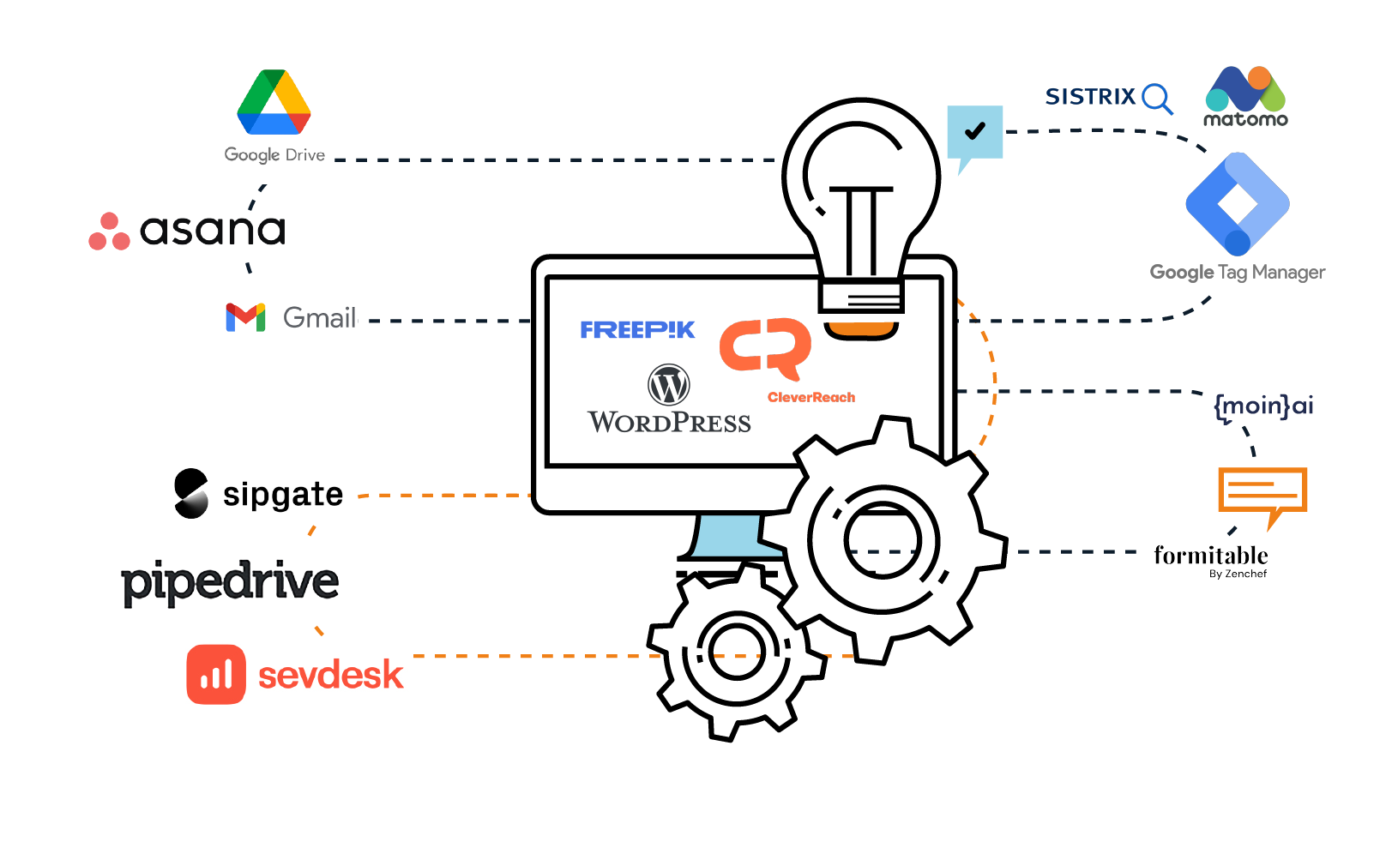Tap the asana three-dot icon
pyautogui.click(x=109, y=232)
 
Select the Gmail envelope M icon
pyautogui.click(x=245, y=317)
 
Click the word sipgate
pyautogui.click(x=283, y=495)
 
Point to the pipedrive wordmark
pyautogui.click(x=230, y=582)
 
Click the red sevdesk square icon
pyautogui.click(x=216, y=675)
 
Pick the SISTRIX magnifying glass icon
pyautogui.click(x=1157, y=98)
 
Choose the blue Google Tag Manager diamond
pyautogui.click(x=1238, y=204)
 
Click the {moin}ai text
pyautogui.click(x=1263, y=405)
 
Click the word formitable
pyautogui.click(x=1210, y=556)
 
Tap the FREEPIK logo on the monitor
pyautogui.click(x=637, y=330)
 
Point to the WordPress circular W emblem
pyautogui.click(x=669, y=385)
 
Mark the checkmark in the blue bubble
pyautogui.click(x=975, y=131)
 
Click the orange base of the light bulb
pyautogui.click(x=860, y=328)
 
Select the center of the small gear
pyautogui.click(x=736, y=652)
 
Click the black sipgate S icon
pyautogui.click(x=191, y=494)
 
